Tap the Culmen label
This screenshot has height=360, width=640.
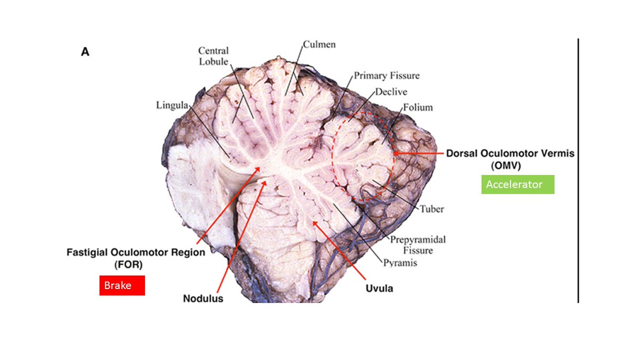[319, 44]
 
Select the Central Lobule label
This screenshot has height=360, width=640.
[213, 56]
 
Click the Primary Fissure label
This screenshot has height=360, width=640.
[387, 76]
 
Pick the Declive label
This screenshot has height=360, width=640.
[391, 92]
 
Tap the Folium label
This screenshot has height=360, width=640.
[418, 107]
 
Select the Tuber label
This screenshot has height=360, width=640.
[431, 209]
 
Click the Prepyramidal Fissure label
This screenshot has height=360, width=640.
[418, 245]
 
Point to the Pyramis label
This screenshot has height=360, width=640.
[400, 262]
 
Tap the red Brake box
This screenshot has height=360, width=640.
[122, 285]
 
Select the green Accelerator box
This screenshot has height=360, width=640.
[518, 185]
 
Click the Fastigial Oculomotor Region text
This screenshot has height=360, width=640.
[135, 252]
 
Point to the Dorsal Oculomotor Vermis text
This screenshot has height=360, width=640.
[510, 154]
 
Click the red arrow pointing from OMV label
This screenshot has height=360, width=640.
[419, 154]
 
